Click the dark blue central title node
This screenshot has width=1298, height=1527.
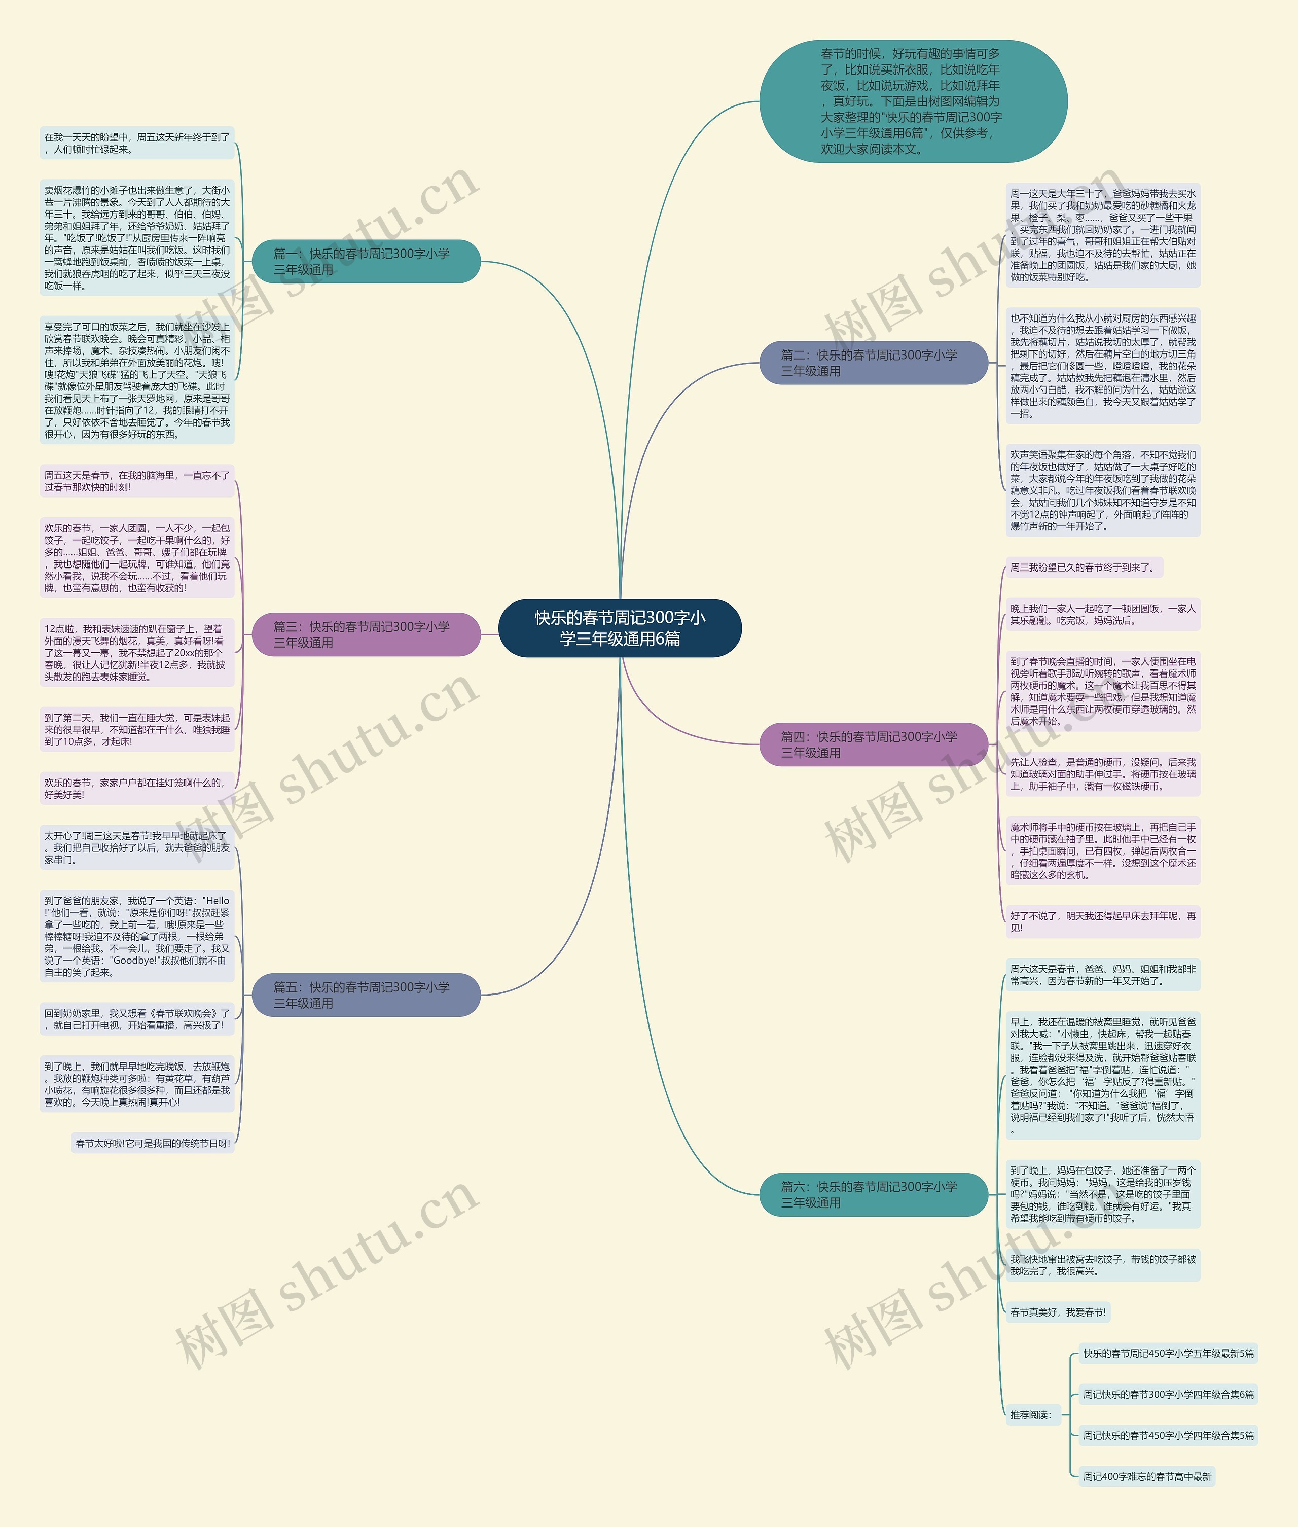tap(620, 628)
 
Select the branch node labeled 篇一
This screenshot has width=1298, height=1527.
tap(366, 261)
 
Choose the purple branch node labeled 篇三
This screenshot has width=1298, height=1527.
tap(366, 634)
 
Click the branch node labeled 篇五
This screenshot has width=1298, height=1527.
tap(366, 995)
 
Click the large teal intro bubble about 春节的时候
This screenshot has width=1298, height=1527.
tap(913, 101)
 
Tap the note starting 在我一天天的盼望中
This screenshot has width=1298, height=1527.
tap(137, 143)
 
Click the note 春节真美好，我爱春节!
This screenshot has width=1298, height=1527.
tap(1057, 1312)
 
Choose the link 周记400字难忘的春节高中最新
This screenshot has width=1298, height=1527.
tap(1146, 1476)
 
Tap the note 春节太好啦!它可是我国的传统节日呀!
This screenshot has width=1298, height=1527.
tap(152, 1143)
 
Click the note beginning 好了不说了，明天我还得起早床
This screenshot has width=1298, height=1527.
tap(1102, 921)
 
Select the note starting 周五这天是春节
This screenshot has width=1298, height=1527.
tap(137, 481)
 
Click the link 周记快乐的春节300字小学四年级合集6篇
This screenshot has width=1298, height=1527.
tap(1168, 1394)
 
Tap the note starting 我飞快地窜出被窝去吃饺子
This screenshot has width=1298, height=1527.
tap(1102, 1265)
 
